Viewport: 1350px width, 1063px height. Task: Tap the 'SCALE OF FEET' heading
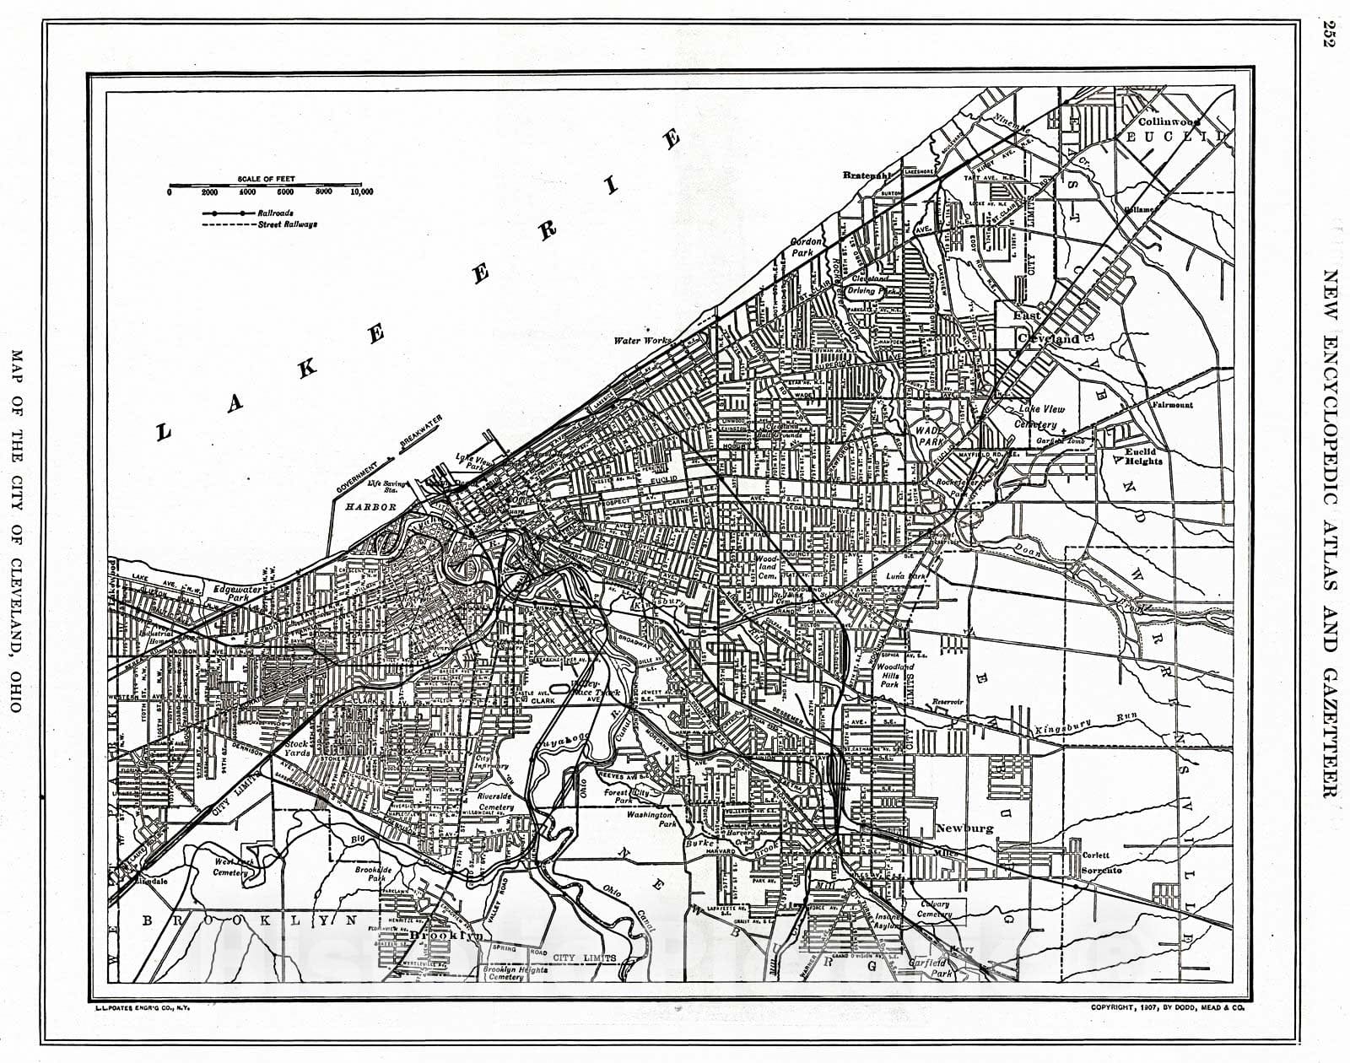point(266,179)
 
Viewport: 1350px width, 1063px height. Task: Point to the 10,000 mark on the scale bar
point(360,192)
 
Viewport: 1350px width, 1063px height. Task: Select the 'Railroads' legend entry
point(276,213)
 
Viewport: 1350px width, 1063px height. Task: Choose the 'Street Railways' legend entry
point(288,225)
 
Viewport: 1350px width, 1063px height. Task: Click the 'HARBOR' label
point(370,507)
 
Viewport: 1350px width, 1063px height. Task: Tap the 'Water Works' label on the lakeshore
point(643,341)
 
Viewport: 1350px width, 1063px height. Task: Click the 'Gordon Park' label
point(806,246)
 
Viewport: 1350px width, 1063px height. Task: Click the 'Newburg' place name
point(964,828)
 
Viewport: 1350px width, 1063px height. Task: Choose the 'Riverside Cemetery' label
point(494,801)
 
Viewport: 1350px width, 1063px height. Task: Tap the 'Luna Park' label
point(907,576)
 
